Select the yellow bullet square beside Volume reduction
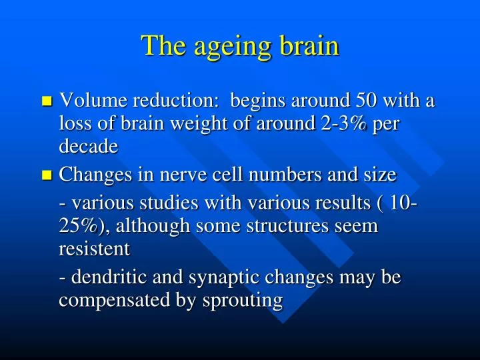(46, 102)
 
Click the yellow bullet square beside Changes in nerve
(46, 176)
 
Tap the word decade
(88, 147)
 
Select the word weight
(209, 124)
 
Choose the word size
(381, 175)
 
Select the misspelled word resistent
(94, 249)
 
